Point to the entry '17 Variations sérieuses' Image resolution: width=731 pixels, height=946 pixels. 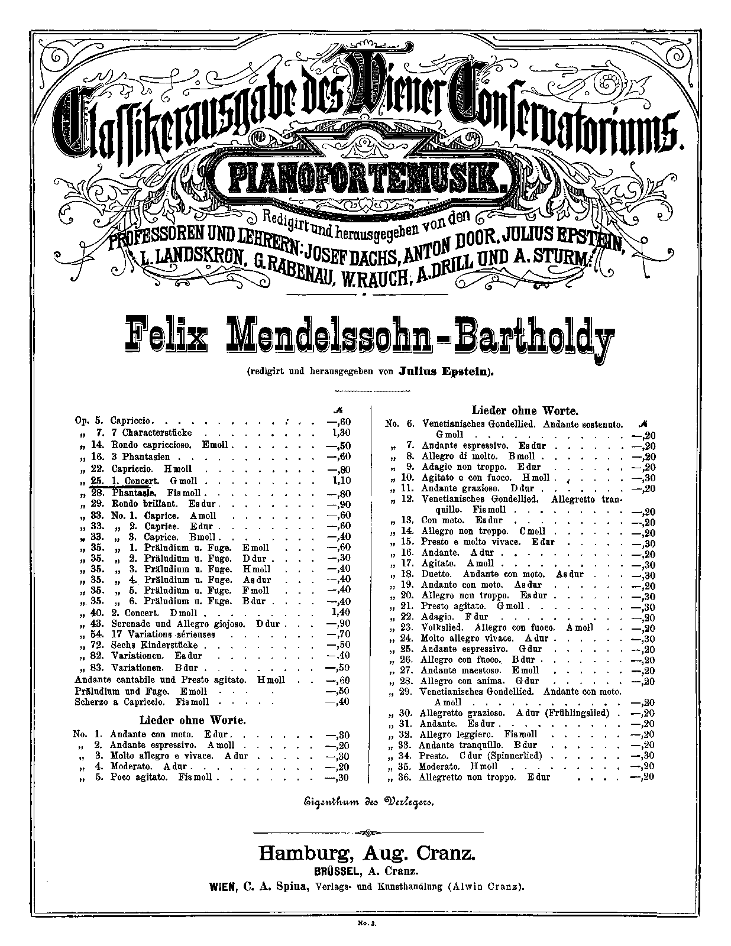163,634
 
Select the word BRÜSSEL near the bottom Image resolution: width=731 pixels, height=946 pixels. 335,871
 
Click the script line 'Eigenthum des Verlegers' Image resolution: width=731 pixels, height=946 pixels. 365,802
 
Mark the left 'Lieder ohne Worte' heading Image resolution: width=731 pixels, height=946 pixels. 192,720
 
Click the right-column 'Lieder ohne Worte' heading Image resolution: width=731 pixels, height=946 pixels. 524,410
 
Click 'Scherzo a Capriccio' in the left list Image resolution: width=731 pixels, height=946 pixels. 122,702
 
